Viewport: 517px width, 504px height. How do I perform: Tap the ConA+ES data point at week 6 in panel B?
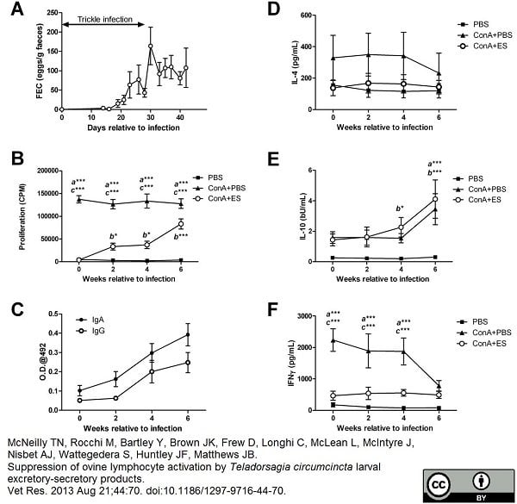pos(180,224)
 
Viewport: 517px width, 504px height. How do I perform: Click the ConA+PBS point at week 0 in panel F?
pos(333,340)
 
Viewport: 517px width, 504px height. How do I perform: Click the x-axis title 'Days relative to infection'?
pos(121,128)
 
